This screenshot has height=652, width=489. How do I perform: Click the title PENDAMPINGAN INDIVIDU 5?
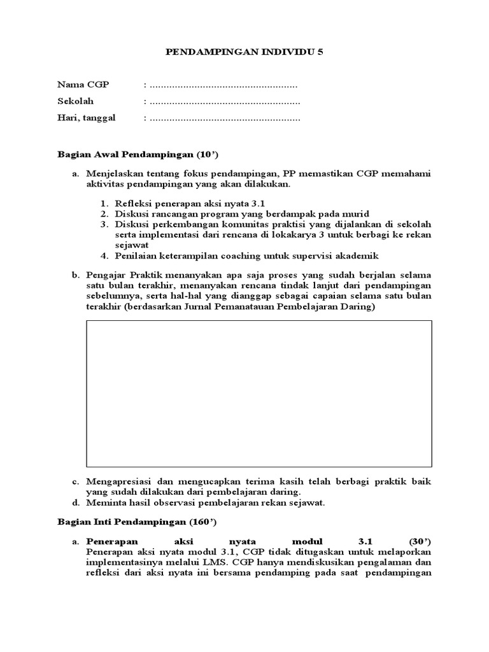pos(244,53)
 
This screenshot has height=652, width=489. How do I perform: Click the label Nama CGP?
pos(83,85)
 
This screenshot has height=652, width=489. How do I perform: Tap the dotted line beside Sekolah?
pos(223,101)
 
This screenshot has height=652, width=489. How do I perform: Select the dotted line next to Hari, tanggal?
pos(223,118)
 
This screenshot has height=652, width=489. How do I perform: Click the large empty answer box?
pos(259,393)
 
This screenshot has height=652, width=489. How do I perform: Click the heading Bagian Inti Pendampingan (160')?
pos(137,523)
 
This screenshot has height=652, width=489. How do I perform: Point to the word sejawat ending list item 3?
pos(131,244)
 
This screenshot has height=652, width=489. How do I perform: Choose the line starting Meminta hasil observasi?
pos(206,502)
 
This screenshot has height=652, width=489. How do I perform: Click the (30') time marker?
pos(416,541)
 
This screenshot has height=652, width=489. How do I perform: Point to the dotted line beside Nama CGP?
pos(222,85)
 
